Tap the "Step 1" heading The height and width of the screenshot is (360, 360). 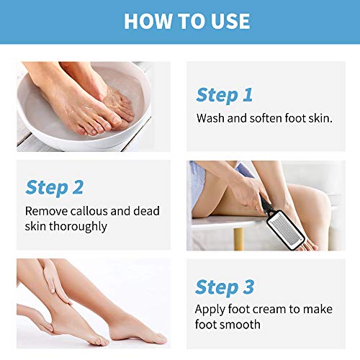(224, 95)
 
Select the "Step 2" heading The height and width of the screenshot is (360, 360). (54, 187)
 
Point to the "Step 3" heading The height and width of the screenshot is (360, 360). (225, 287)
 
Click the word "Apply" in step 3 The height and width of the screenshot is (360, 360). (210, 310)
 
